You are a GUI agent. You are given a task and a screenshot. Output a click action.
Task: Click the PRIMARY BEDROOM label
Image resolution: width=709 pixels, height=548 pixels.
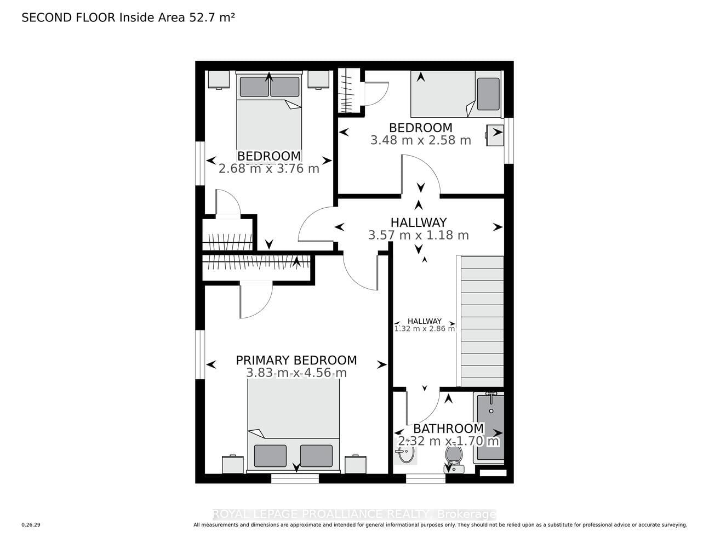(296, 361)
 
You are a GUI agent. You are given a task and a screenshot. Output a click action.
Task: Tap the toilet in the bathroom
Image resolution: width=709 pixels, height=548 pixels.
(454, 459)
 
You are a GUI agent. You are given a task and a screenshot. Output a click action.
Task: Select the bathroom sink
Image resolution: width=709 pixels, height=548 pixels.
(405, 452)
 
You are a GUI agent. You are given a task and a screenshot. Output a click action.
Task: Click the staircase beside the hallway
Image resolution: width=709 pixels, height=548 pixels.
(480, 321)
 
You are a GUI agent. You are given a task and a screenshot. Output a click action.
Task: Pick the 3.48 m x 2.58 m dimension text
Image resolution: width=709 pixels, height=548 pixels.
(421, 140)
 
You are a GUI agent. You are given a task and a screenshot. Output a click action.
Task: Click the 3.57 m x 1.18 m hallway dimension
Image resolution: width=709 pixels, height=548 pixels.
(418, 235)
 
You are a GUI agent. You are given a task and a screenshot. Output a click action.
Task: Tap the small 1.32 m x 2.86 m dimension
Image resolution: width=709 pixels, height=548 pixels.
(425, 328)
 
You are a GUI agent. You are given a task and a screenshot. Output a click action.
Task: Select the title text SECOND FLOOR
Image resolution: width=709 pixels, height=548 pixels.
(68, 18)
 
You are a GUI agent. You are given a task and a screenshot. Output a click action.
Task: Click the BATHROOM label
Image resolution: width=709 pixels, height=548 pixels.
(449, 429)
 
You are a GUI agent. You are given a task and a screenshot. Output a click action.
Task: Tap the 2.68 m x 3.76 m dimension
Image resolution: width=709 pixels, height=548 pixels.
(268, 169)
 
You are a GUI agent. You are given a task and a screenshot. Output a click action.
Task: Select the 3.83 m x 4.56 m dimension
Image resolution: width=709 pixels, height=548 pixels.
(296, 373)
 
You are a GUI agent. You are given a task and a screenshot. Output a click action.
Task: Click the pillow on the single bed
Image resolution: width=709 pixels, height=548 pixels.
(488, 94)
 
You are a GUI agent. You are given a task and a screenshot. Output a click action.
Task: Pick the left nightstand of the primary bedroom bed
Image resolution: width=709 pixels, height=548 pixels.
(233, 465)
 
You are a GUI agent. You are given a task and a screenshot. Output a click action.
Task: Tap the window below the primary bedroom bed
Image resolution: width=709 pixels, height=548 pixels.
(295, 478)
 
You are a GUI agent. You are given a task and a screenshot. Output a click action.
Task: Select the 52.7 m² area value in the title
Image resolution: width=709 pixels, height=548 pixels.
(212, 18)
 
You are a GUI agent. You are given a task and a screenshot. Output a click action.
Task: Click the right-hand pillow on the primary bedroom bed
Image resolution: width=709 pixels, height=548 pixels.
(316, 456)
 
